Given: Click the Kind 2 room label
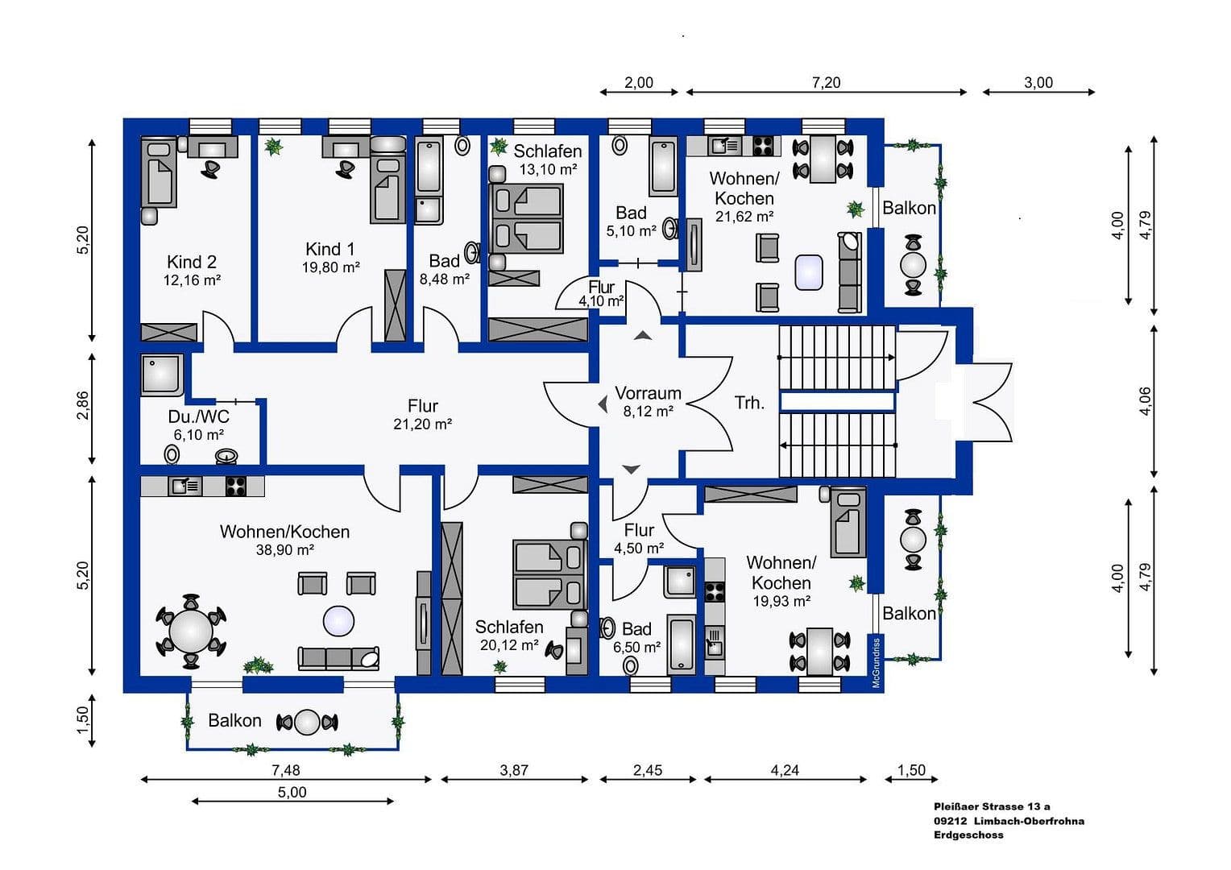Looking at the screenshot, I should tap(192, 262).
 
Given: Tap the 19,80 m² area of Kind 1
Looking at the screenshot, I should tap(330, 267).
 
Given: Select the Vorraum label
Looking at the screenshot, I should tap(648, 393).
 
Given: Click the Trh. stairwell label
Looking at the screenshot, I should tap(748, 403).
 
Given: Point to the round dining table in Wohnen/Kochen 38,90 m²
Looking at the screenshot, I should tap(191, 631).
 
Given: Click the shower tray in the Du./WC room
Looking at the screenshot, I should tap(162, 375).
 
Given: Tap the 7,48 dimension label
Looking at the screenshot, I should tap(285, 770).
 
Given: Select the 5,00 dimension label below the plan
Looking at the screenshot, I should tap(292, 792).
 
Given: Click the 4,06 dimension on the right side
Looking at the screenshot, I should tap(1144, 401).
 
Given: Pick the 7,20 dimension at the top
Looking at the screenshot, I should tap(826, 82).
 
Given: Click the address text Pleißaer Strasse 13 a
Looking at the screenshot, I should tap(992, 806).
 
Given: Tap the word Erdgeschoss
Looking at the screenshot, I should tap(968, 835).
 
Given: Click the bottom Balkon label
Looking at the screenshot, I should tap(234, 720).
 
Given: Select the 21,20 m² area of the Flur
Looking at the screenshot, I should tap(422, 425).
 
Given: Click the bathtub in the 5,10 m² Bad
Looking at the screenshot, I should tap(663, 167).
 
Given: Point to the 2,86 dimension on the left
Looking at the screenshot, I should tap(82, 405).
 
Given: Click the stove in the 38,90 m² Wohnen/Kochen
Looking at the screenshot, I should tap(234, 486).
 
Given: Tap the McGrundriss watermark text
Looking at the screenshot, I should tap(876, 662).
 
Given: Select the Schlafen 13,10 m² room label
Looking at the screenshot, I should tap(548, 151).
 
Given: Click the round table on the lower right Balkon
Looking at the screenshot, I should tap(913, 539).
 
